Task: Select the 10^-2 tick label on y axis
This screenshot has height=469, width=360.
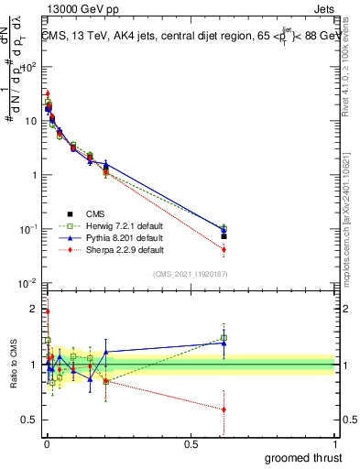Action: [27, 283]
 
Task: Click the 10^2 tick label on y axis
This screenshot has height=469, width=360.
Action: [27, 67]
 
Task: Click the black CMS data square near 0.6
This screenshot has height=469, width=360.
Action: [224, 236]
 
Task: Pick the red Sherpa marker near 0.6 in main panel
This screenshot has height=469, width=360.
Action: [224, 249]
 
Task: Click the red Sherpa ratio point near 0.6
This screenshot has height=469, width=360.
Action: [224, 409]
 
